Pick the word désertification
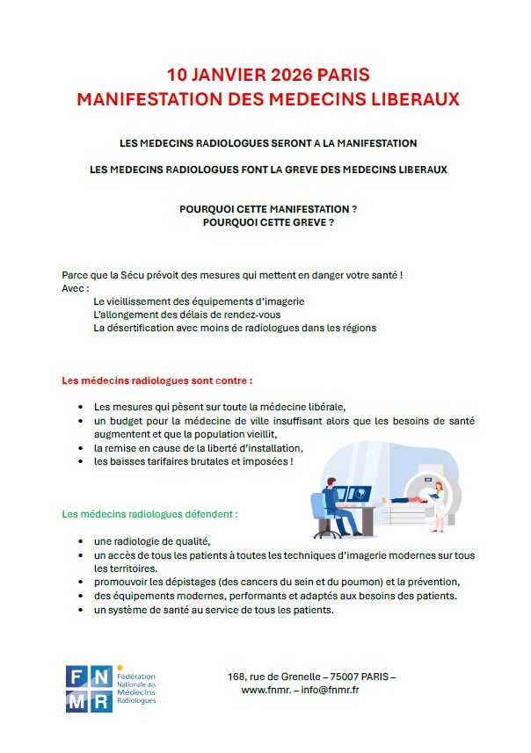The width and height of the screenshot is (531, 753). click(x=141, y=328)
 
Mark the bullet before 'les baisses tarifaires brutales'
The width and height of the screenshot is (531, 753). click(x=81, y=460)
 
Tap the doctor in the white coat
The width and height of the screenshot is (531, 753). click(x=439, y=504)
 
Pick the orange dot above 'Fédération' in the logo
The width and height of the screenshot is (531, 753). click(x=120, y=668)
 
